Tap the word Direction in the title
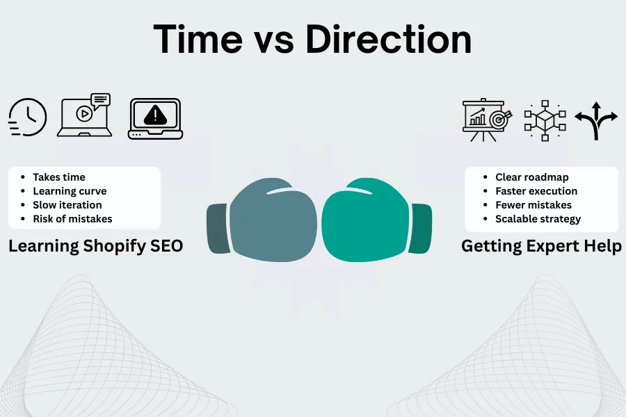click(388, 40)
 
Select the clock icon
click(28, 117)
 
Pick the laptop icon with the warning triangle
click(155, 119)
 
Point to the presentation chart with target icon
click(487, 120)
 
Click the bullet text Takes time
click(59, 177)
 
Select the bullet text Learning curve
click(70, 191)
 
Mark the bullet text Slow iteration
click(67, 205)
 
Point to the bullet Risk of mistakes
click(72, 219)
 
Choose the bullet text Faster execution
click(536, 191)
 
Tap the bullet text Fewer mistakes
click(533, 205)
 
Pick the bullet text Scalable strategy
click(538, 219)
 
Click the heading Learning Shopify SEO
click(96, 246)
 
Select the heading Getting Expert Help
click(541, 246)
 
